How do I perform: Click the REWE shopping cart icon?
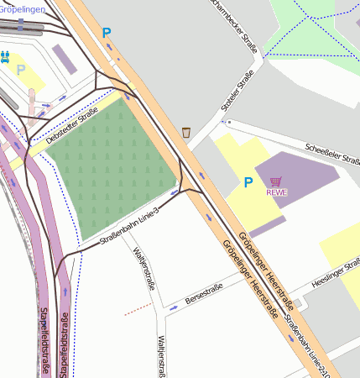(276, 181)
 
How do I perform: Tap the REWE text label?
(276, 192)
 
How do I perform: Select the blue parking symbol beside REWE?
(248, 182)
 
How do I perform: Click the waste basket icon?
(185, 132)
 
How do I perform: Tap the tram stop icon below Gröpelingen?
(5, 56)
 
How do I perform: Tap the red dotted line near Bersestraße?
(138, 309)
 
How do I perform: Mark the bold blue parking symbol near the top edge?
(106, 33)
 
